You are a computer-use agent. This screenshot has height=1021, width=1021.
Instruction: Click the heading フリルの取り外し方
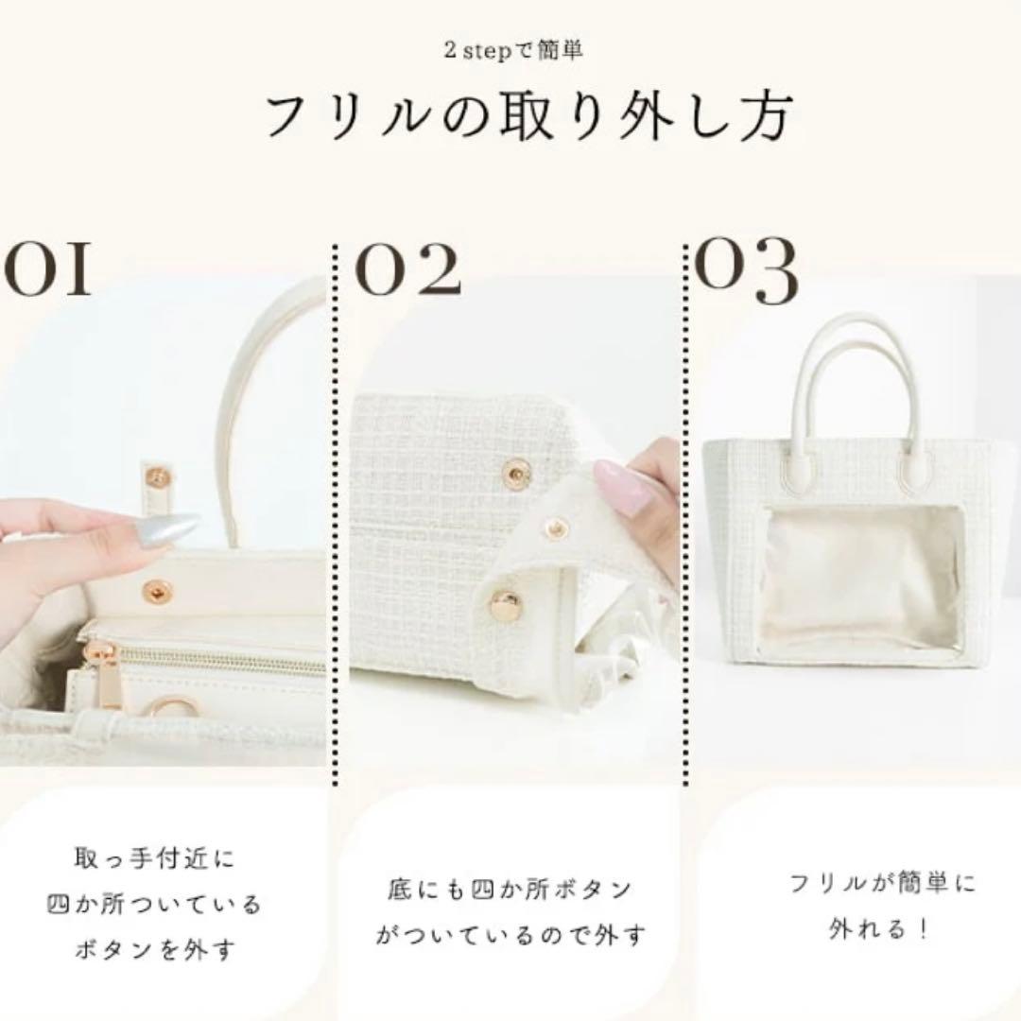click(x=527, y=116)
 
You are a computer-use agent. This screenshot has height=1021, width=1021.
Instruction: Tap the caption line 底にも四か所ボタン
click(x=510, y=890)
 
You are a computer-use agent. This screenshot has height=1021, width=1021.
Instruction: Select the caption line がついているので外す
click(x=510, y=936)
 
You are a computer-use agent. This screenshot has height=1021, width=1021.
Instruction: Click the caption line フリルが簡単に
click(x=870, y=884)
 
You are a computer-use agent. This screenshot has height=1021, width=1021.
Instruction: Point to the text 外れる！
click(x=869, y=929)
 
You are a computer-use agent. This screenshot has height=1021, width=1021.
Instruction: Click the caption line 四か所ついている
click(x=154, y=905)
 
